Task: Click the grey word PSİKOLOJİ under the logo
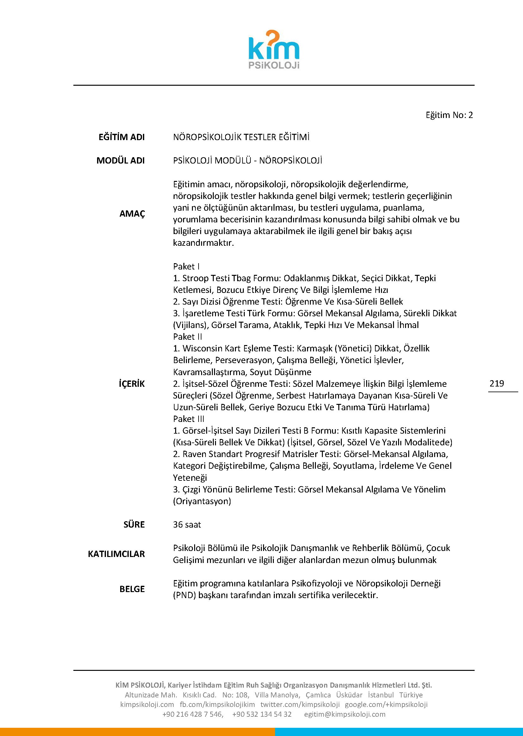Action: point(274,65)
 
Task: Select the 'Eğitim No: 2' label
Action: point(449,115)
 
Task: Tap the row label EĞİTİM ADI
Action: point(121,137)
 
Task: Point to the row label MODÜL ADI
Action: point(120,160)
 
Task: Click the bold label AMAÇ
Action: point(132,213)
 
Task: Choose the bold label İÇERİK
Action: point(132,384)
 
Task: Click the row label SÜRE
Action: point(134,524)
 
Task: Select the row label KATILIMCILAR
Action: point(116,554)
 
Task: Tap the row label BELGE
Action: point(132,589)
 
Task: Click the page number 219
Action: point(496,383)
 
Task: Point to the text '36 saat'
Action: point(187,524)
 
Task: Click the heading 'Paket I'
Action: point(186,266)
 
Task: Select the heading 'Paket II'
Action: point(188,337)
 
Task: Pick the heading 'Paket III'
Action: point(188,419)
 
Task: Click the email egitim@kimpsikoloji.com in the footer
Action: point(345,714)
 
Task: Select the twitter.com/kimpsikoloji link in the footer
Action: point(300,704)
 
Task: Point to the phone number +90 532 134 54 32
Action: point(262,714)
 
